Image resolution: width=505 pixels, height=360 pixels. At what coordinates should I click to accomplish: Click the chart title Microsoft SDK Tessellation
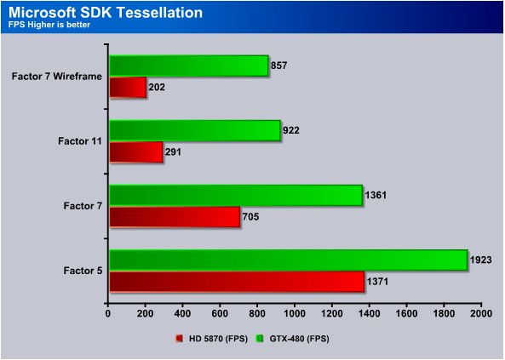point(106,12)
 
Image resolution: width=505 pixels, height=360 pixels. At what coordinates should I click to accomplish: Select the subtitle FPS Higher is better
point(49,25)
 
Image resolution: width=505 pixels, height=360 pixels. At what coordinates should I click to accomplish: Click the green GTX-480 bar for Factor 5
point(288,260)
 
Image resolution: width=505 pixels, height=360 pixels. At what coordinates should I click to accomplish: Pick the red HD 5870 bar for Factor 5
point(237,282)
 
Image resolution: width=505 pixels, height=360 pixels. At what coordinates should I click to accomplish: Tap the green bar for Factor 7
point(236,195)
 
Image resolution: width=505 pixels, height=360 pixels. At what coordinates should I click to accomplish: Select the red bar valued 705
point(175,217)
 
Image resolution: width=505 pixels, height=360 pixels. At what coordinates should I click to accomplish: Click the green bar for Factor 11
point(195,130)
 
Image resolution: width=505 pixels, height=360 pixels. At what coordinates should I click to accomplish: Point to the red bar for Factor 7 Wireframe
point(128,88)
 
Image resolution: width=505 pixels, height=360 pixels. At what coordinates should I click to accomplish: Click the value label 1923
point(480,260)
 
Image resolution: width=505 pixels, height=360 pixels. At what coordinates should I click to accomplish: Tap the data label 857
point(278,66)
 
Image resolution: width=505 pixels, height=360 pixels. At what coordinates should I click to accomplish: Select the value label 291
point(173,152)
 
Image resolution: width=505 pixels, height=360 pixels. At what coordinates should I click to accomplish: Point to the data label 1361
point(376,195)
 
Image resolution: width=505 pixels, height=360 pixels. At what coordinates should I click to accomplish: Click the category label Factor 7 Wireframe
point(57,77)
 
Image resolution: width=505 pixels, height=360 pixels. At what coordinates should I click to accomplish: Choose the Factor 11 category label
point(80,141)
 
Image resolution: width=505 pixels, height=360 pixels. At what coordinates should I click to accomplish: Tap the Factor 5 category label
point(83,271)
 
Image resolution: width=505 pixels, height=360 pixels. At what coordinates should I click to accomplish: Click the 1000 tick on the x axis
point(295,313)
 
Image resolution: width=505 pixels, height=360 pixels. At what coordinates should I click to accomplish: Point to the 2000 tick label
point(481,313)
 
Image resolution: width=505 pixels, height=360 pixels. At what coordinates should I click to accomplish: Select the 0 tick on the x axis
point(108,313)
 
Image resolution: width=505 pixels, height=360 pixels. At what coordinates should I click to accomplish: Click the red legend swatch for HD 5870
point(180,339)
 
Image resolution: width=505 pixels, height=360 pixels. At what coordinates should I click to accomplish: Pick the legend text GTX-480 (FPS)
point(300,339)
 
